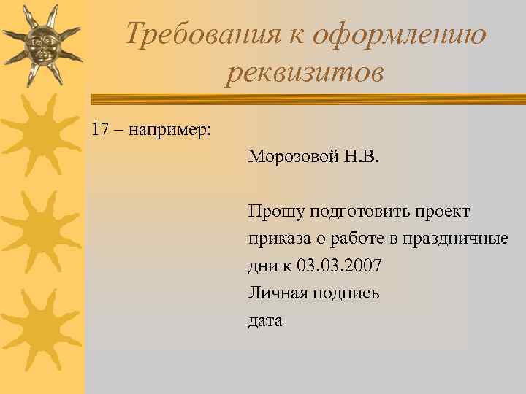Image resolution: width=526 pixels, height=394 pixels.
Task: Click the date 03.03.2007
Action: click(339, 266)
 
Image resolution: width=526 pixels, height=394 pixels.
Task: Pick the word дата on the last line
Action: click(266, 320)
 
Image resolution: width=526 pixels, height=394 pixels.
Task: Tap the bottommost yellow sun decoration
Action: click(38, 328)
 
